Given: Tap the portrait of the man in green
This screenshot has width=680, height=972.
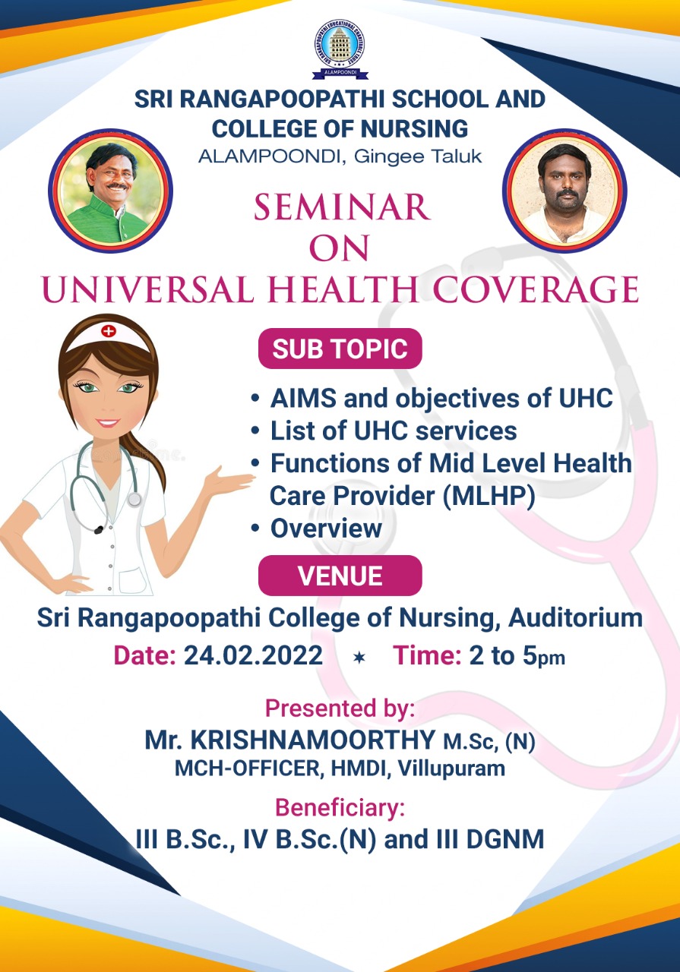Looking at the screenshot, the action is point(110,191).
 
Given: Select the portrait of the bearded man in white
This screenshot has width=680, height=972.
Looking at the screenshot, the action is point(565,191).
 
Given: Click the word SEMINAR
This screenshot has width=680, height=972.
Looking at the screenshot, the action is point(342,207).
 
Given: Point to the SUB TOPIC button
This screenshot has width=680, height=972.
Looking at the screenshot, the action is point(340,349).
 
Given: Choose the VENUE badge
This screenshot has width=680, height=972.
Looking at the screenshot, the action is point(340,576).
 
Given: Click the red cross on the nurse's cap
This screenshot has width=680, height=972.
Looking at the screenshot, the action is point(108,331).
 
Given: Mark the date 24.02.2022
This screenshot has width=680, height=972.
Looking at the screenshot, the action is point(253,655).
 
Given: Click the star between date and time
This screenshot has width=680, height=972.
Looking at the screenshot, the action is point(359,658).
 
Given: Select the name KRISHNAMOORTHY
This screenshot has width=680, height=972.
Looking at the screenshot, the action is point(313,740).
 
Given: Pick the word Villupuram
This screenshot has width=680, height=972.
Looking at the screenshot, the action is point(451,768).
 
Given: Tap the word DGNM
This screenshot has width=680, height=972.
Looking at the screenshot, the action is point(505,839).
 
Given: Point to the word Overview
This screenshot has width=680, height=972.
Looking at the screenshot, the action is point(326,529).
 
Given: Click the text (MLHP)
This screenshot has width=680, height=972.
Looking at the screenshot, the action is point(489,496).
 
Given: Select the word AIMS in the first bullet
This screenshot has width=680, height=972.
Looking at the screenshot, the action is point(303,398).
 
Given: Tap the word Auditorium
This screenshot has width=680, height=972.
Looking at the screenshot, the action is point(575,617).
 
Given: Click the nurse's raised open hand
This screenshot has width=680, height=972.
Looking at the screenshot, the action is point(230,481).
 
